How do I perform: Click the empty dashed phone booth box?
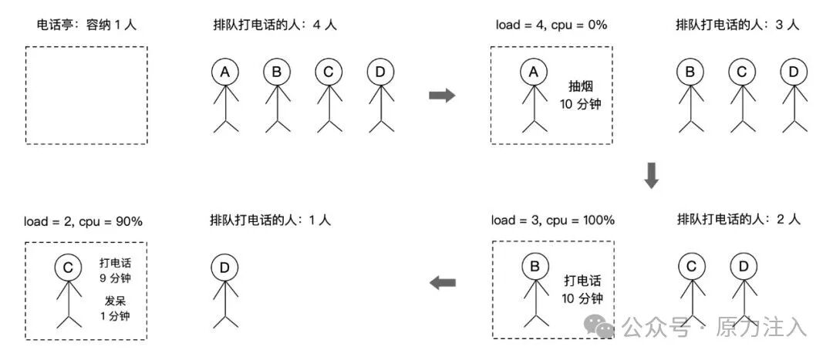[86, 95]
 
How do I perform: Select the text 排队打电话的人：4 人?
[275, 25]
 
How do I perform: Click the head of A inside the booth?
[533, 72]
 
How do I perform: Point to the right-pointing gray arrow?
[442, 95]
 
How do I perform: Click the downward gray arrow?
[652, 177]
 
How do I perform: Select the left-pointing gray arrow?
[442, 283]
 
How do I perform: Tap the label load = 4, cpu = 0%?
[551, 25]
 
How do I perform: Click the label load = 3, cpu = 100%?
[553, 220]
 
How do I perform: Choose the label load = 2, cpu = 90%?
[83, 221]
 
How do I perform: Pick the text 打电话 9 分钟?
[114, 270]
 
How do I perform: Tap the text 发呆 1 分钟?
[114, 308]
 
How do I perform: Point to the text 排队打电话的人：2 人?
[739, 220]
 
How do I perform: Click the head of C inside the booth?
[68, 267]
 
